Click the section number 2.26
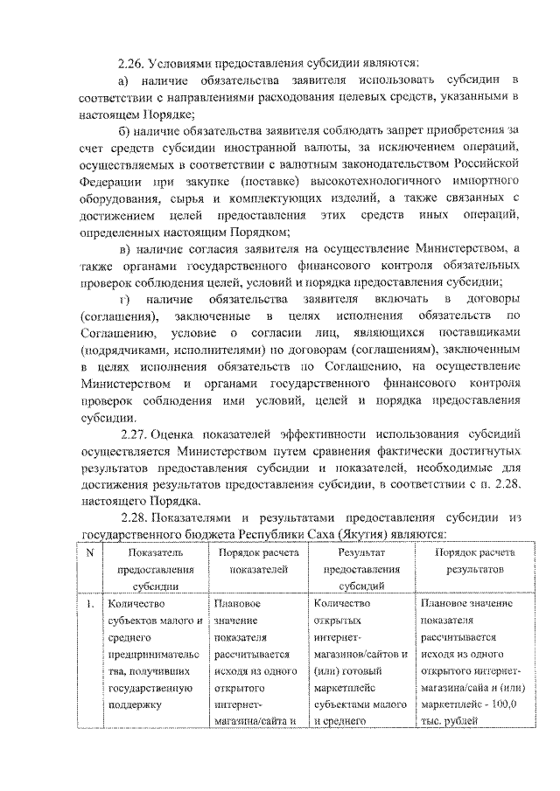point(131,64)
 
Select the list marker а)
point(126,80)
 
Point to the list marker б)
point(126,130)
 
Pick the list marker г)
point(126,299)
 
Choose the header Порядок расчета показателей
point(259,561)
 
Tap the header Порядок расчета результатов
point(475,561)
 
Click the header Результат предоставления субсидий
point(366,570)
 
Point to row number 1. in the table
point(90,603)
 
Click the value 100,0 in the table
point(505,704)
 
